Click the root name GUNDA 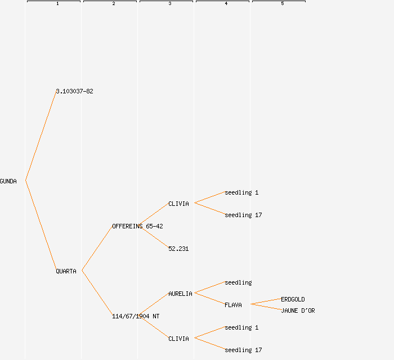[8, 181]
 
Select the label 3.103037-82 [74, 91]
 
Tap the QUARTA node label [66, 271]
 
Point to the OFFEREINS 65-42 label [137, 226]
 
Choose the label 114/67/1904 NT [136, 316]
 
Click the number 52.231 [178, 249]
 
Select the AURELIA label [180, 294]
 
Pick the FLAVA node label [233, 305]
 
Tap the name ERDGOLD [293, 299]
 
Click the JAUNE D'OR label [298, 310]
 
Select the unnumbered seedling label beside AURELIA [238, 282]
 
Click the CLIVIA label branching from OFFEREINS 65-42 [178, 204]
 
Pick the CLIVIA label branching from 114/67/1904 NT [178, 339]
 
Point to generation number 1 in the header [57, 4]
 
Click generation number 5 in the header [283, 4]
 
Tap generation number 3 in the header [170, 4]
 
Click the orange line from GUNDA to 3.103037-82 [41, 136]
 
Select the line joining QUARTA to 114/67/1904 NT [97, 293]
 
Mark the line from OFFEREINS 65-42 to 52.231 [154, 236]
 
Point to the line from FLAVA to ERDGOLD [266, 301]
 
